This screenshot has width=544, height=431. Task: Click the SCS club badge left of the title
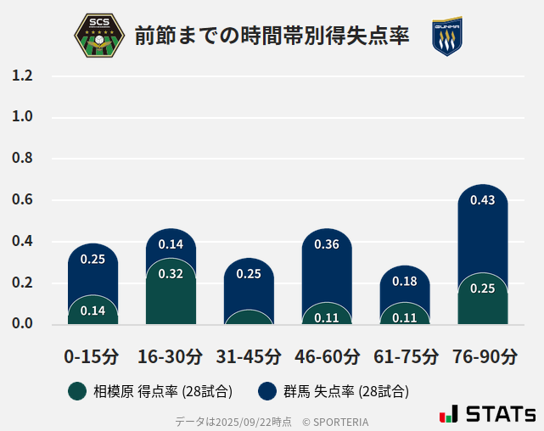99,36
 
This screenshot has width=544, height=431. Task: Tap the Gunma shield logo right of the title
446,36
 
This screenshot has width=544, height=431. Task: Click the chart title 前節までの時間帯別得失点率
272,36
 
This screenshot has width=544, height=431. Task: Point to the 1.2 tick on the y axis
23,76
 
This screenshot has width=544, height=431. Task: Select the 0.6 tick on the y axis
23,200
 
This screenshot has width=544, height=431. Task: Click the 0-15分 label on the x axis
92,356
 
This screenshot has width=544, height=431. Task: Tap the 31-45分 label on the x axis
249,356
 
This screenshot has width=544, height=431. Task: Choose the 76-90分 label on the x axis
483,356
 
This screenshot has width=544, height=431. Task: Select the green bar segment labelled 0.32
171,293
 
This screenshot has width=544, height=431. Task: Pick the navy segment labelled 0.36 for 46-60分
327,263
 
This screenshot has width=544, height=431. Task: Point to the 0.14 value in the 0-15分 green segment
93,311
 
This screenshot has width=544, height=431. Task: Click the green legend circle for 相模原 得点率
77,391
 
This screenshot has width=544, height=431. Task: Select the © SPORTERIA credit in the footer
335,422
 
